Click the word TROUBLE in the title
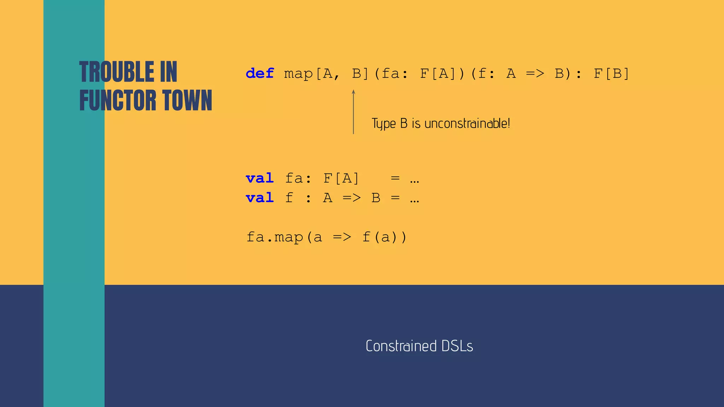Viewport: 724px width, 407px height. (x=117, y=72)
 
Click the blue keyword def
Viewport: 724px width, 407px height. (x=260, y=73)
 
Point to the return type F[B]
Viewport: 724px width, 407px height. (x=611, y=73)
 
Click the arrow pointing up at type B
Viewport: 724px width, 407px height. (x=353, y=112)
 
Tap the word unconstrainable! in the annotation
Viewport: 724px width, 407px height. (x=467, y=124)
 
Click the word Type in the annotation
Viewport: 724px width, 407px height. (x=384, y=124)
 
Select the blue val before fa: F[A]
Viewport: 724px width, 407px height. (x=260, y=178)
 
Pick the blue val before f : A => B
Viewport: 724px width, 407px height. (x=260, y=198)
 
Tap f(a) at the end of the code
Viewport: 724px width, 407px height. (x=385, y=237)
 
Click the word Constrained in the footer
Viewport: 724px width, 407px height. (x=401, y=346)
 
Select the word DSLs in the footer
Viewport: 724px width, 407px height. (x=457, y=346)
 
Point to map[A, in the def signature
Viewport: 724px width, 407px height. (x=311, y=73)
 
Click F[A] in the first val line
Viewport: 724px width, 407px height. (x=341, y=178)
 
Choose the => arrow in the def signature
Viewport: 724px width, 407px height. (x=535, y=73)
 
